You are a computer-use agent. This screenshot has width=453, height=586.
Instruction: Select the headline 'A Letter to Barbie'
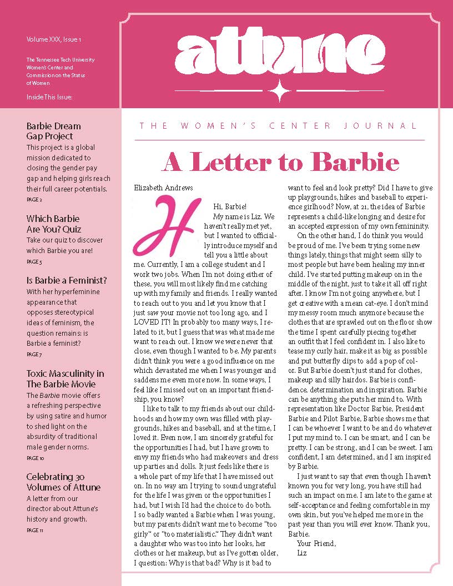[x=280, y=162]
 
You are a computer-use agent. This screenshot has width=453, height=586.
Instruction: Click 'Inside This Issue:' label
[x=49, y=97]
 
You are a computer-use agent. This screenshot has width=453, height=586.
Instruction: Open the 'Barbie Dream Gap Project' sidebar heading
[x=53, y=131]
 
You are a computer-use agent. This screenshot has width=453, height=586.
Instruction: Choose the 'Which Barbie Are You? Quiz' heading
[x=53, y=224]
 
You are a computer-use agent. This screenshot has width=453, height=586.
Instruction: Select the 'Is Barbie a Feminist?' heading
[x=67, y=280]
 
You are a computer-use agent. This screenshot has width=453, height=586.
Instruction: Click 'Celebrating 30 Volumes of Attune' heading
[x=63, y=482]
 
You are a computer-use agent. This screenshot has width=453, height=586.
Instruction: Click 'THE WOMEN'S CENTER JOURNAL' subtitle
[x=279, y=126]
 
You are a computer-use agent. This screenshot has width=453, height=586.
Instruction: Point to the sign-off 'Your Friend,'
[x=316, y=543]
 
